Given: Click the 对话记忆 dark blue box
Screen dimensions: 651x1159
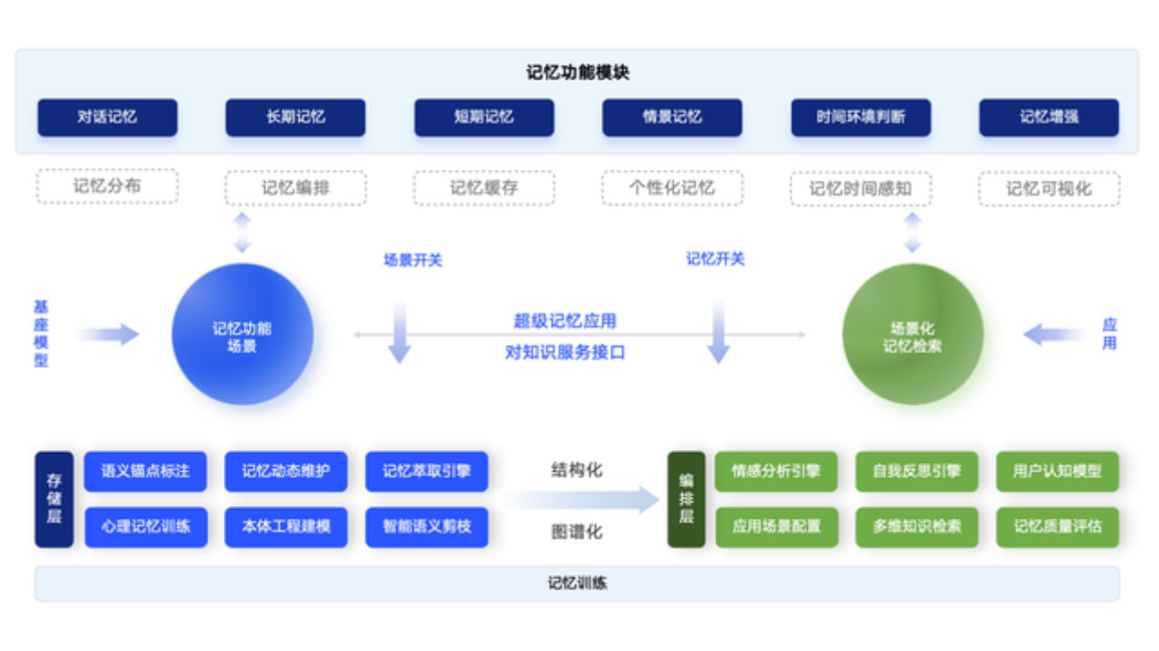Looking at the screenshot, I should tap(107, 118).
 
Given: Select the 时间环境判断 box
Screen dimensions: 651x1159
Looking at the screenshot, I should tap(860, 118).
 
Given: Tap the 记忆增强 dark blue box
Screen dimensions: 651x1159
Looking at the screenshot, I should tap(1049, 118).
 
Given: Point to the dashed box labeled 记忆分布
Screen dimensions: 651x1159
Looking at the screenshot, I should tap(107, 187).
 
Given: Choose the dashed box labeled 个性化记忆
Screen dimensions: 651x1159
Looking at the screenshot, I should tap(672, 188).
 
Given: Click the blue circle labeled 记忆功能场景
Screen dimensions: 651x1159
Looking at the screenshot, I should tap(242, 335).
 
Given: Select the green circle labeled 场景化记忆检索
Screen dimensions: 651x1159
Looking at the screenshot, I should tap(913, 335).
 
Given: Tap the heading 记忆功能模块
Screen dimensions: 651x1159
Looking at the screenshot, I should tap(578, 72).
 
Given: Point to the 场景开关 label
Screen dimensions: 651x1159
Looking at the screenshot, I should tap(412, 261).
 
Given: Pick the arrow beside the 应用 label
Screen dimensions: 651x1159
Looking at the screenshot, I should tap(1053, 335).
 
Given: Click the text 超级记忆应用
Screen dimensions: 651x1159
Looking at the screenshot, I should tap(565, 321).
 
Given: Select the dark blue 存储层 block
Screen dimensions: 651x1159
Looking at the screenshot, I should tap(53, 500).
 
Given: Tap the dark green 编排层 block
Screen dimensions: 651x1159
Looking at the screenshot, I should tap(685, 500).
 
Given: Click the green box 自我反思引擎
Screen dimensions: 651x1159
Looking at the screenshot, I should tap(916, 472).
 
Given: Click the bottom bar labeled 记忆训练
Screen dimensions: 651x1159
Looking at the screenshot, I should tap(577, 584).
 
